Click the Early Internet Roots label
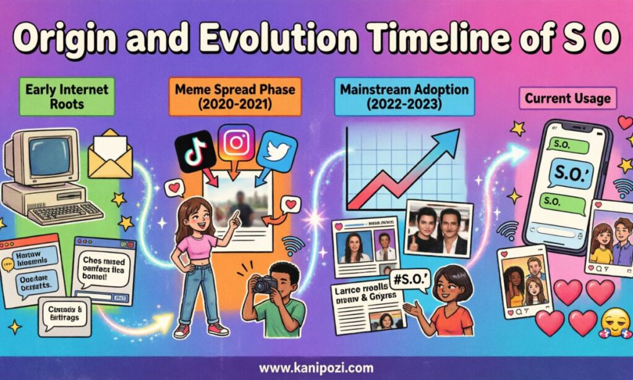pos(67,97)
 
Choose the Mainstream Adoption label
pos(404,97)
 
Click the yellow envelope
pos(110,154)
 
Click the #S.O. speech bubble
pos(406,282)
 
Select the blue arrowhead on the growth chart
pos(450,138)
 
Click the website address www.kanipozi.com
pos(316,368)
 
